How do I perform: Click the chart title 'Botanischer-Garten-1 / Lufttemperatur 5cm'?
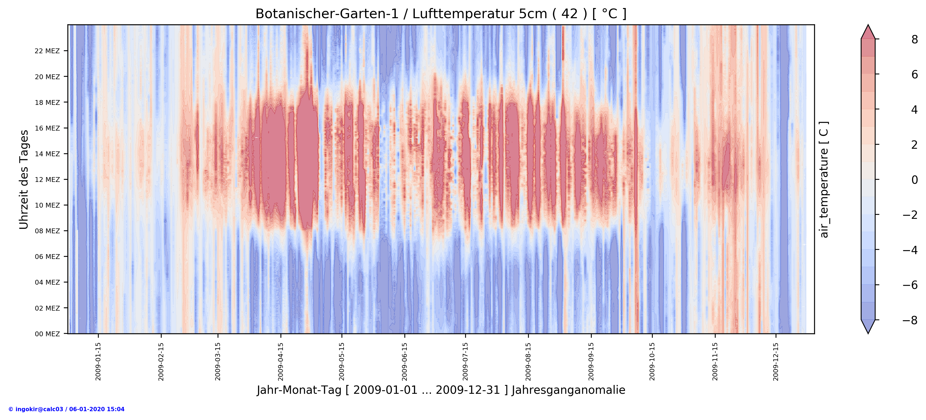441,14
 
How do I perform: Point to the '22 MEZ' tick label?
47,51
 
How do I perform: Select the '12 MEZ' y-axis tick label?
47,180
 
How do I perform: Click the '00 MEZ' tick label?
47,334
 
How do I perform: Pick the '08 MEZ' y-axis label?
47,231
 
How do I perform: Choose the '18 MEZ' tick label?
47,102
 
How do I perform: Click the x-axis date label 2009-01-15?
98,361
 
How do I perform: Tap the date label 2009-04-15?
280,361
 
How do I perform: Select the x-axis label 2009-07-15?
465,361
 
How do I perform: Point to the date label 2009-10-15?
652,361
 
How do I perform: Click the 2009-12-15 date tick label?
776,361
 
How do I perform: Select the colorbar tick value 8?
914,40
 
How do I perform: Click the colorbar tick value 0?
914,180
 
